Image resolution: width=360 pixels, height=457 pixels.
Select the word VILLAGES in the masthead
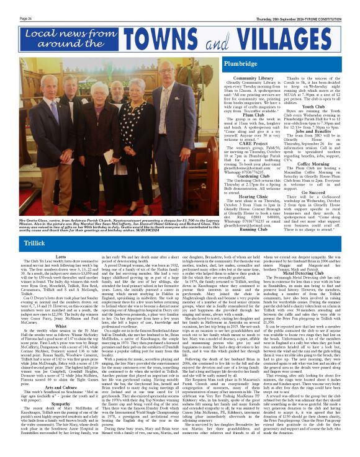coord(275,42)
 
